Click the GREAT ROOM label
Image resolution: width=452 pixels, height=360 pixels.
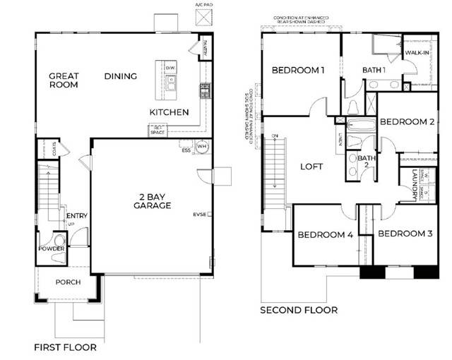click(64, 80)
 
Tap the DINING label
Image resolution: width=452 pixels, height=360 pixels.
click(121, 76)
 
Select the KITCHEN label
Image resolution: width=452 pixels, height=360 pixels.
click(169, 112)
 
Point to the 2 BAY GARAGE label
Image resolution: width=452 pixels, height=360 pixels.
click(152, 200)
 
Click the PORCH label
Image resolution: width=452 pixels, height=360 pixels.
click(68, 282)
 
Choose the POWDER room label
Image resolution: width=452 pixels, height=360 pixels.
click(52, 249)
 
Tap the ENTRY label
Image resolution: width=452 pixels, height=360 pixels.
click(76, 216)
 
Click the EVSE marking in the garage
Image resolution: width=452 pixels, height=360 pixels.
click(200, 214)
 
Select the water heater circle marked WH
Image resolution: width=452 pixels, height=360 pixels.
click(201, 148)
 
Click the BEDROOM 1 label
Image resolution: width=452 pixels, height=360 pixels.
click(298, 70)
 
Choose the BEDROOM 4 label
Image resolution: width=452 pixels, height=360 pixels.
click(324, 235)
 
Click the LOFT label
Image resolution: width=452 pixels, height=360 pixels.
click(311, 167)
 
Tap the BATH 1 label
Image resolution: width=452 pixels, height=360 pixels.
click(374, 70)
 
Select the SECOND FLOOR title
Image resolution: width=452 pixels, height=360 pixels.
click(299, 310)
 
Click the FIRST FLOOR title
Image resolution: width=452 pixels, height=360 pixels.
click(66, 347)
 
